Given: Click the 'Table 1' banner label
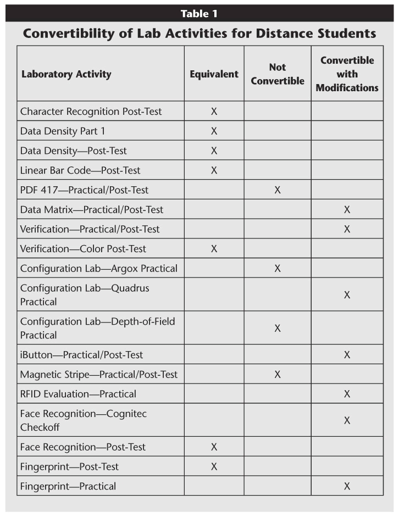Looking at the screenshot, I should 199,14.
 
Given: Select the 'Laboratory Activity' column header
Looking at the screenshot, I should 66,74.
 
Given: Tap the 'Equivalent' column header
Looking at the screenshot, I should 214,74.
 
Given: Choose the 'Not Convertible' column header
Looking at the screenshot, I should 278,74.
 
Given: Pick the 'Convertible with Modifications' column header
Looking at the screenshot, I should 347,74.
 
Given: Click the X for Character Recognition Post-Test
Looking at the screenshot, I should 214,112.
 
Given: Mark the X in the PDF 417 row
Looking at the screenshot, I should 278,190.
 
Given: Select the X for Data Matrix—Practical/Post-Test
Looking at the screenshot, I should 347,210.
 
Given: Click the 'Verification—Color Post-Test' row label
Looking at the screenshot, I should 83,249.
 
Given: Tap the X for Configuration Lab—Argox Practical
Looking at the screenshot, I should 278,269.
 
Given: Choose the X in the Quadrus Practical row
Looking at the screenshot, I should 347,295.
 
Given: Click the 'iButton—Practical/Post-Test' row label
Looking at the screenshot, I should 81,355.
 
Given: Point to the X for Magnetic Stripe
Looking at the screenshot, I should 278,375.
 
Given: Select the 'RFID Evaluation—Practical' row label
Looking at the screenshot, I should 78,394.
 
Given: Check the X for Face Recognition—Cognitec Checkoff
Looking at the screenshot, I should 347,420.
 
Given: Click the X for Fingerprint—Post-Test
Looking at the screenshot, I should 214,467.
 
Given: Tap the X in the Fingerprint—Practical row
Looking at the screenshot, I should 347,486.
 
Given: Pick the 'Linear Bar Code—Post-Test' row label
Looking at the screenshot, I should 80,170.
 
